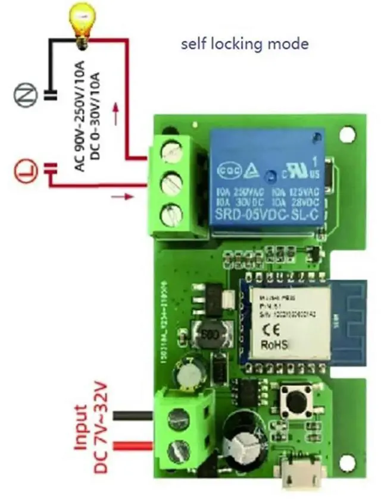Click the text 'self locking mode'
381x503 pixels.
[245, 43]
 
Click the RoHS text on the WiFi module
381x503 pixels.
[274, 344]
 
